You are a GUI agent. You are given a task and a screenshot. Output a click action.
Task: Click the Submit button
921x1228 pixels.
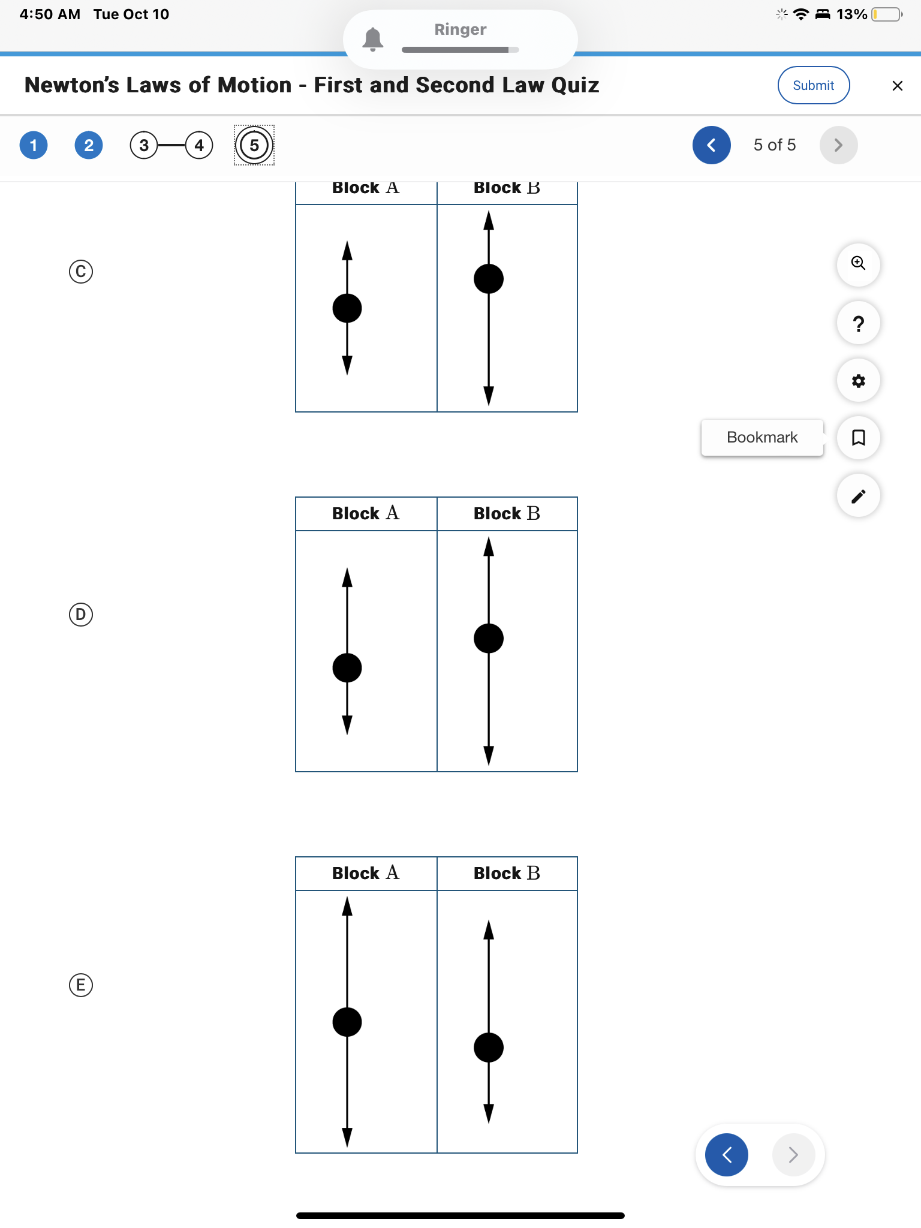(813, 85)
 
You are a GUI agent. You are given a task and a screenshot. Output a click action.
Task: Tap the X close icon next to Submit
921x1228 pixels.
(897, 86)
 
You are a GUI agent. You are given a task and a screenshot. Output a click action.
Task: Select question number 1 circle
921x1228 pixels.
(34, 145)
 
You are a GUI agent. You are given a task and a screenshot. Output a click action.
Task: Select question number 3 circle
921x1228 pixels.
(144, 145)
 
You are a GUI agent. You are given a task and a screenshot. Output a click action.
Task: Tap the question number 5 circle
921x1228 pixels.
(254, 145)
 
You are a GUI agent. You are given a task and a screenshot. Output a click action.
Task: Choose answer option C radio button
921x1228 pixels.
(81, 272)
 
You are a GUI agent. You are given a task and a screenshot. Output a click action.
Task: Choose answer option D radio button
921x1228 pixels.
(81, 615)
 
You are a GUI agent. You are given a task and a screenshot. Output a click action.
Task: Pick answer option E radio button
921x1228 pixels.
(81, 985)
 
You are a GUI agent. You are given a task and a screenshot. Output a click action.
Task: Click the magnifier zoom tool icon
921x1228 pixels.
(858, 264)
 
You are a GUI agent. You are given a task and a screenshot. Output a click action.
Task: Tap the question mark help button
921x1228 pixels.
(858, 323)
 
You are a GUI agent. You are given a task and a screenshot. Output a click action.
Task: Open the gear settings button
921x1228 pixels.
(858, 381)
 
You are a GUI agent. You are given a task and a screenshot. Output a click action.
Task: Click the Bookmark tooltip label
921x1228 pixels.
(762, 437)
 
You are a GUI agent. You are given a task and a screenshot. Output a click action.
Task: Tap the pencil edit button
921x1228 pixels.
(858, 496)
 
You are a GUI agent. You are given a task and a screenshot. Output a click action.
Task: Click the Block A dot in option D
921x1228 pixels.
(347, 668)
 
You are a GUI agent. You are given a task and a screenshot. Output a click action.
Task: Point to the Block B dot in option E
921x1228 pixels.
(489, 1048)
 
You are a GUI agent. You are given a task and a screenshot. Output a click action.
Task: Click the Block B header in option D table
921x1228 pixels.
(507, 513)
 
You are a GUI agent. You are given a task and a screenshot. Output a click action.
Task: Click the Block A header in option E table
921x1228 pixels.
(366, 873)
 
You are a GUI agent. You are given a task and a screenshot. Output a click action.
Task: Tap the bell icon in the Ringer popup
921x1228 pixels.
(373, 39)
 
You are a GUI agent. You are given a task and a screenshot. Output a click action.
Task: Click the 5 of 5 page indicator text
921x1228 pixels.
(774, 145)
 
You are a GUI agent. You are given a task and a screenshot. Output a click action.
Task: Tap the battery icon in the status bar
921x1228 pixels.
(887, 14)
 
